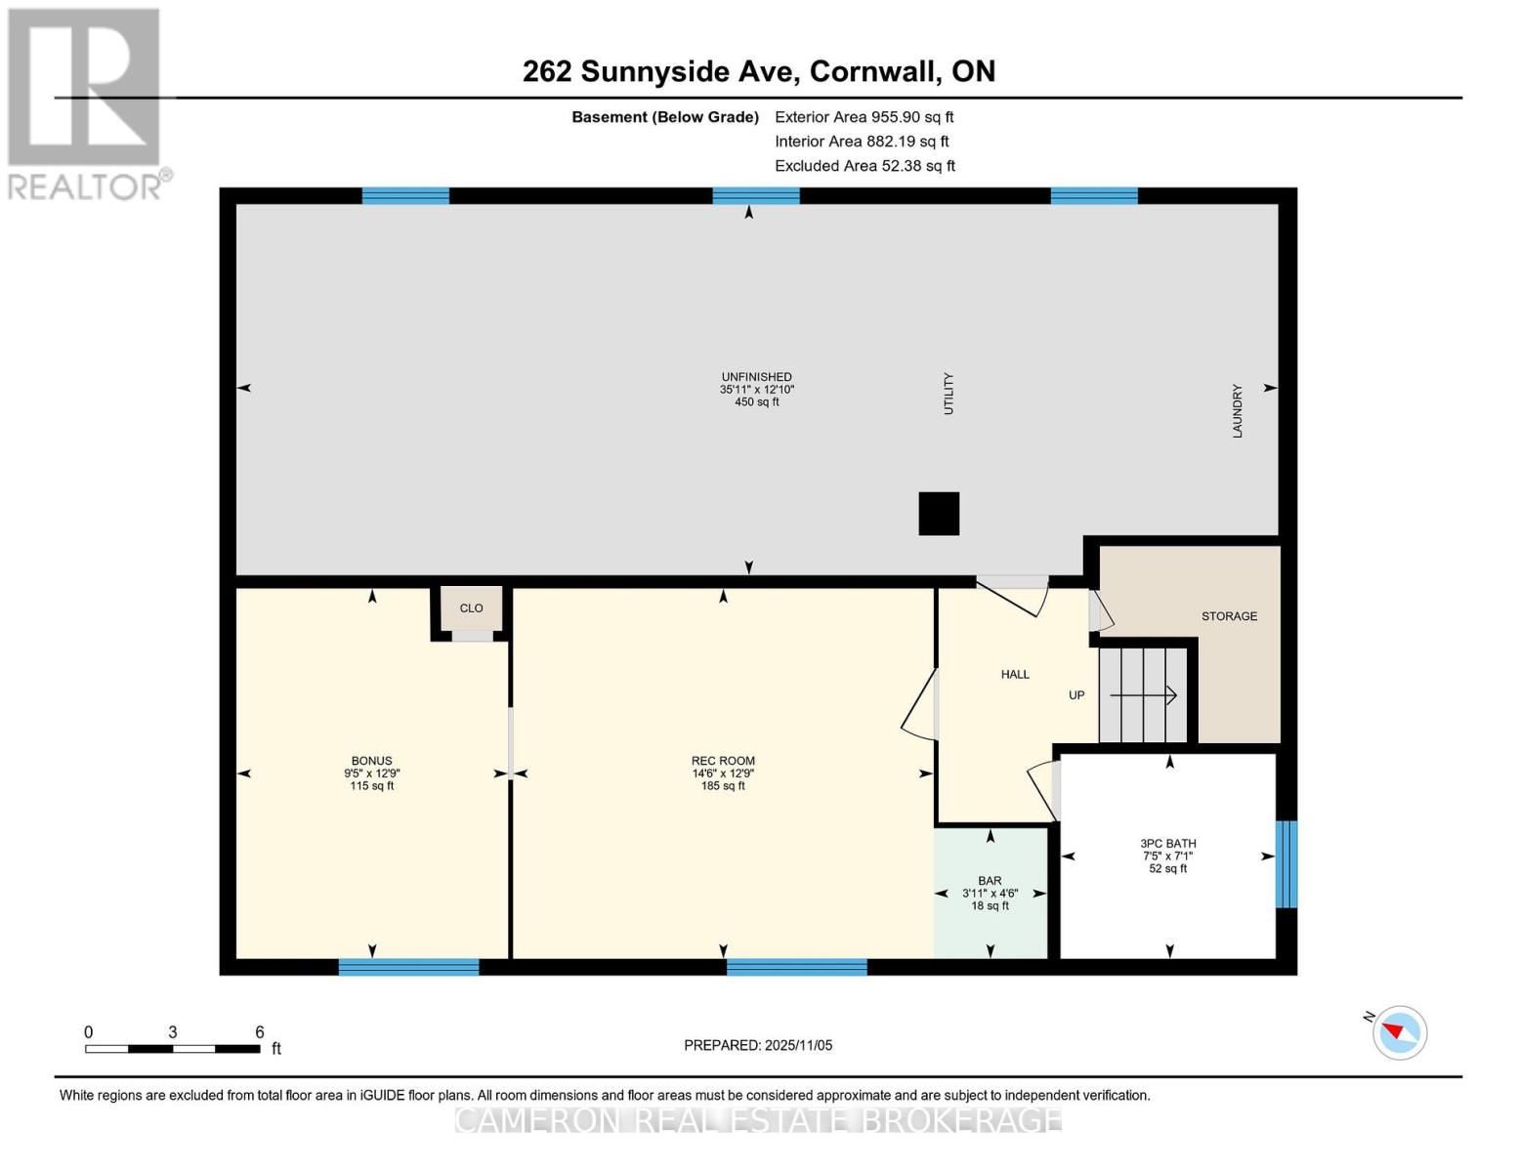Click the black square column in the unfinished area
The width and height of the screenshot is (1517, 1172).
pyautogui.click(x=939, y=514)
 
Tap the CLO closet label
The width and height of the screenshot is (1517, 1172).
pyautogui.click(x=471, y=608)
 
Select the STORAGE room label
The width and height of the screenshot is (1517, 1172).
pyautogui.click(x=1229, y=616)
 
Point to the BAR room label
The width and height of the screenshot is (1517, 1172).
pyautogui.click(x=990, y=881)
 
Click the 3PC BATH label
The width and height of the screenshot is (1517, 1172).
pyautogui.click(x=1167, y=844)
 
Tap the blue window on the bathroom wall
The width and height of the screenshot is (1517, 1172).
pyautogui.click(x=1286, y=864)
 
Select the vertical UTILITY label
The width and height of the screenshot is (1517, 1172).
pyautogui.click(x=948, y=394)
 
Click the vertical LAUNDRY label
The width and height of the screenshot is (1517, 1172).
pyautogui.click(x=1237, y=411)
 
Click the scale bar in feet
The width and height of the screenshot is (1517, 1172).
pyautogui.click(x=173, y=1049)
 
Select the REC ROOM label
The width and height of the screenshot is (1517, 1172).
pyautogui.click(x=723, y=761)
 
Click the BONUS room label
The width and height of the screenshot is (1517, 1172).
pyautogui.click(x=371, y=761)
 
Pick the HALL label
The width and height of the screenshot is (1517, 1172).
pyautogui.click(x=1015, y=675)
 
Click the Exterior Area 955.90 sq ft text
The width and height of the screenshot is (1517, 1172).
pyautogui.click(x=864, y=117)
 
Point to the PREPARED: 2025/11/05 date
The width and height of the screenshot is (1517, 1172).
pyautogui.click(x=758, y=1045)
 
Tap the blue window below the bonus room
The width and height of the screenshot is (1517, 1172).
pyautogui.click(x=408, y=967)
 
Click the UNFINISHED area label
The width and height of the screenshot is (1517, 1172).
pyautogui.click(x=756, y=377)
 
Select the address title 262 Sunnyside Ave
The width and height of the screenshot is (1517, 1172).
pyautogui.click(x=758, y=71)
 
